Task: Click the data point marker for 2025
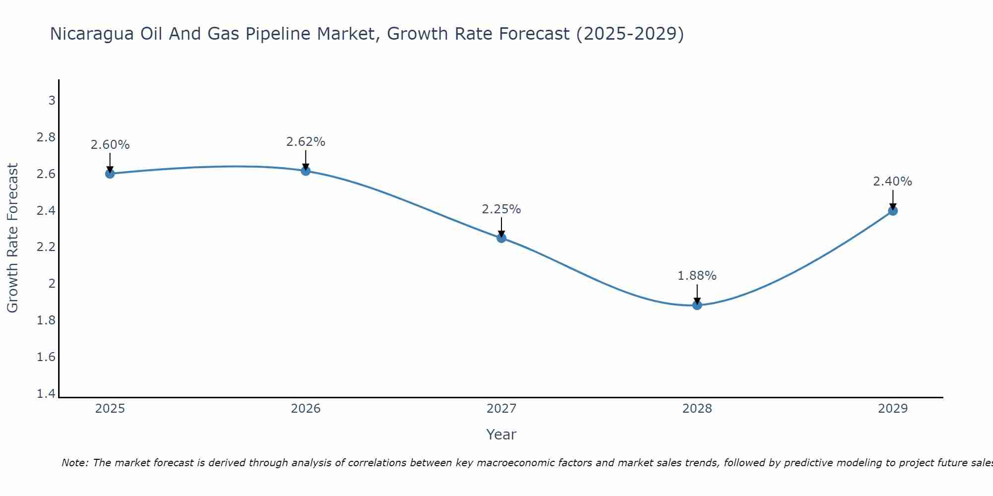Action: click(110, 174)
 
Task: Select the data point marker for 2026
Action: click(306, 171)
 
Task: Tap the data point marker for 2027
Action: click(501, 238)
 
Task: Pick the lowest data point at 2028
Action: click(697, 305)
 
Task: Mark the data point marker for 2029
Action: click(893, 211)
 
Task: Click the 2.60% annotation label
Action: click(110, 145)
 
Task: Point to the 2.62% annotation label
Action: click(306, 142)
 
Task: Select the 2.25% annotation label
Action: click(501, 209)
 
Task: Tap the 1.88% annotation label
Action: click(697, 276)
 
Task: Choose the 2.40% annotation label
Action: click(893, 182)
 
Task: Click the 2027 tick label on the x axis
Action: click(501, 409)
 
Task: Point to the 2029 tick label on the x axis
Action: click(893, 409)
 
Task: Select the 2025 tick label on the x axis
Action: click(110, 409)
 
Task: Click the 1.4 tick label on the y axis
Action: click(46, 394)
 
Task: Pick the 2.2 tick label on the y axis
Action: click(46, 247)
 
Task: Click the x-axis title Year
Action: click(501, 434)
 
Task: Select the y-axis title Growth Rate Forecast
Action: click(12, 238)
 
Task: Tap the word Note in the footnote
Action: click(74, 463)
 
